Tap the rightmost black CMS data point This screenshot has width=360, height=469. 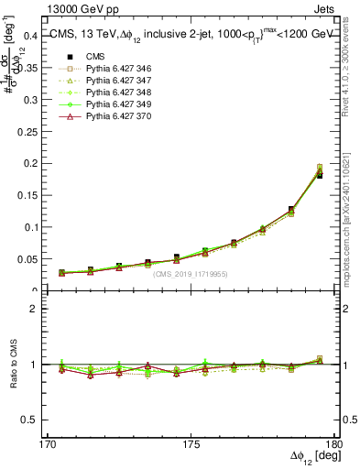point(319,175)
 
